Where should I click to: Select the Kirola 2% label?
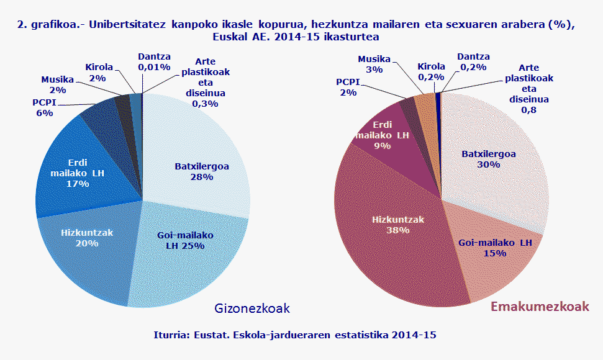pyautogui.click(x=99, y=71)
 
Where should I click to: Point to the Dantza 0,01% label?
pyautogui.click(x=154, y=61)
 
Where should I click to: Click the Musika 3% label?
pyautogui.click(x=374, y=65)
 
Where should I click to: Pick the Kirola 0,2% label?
pyautogui.click(x=431, y=72)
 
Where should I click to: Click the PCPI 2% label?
pyautogui.click(x=348, y=87)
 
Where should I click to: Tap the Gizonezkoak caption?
pyautogui.click(x=252, y=308)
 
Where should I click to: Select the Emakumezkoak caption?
pyautogui.click(x=540, y=307)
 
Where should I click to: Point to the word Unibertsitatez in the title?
pyautogui.click(x=126, y=24)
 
